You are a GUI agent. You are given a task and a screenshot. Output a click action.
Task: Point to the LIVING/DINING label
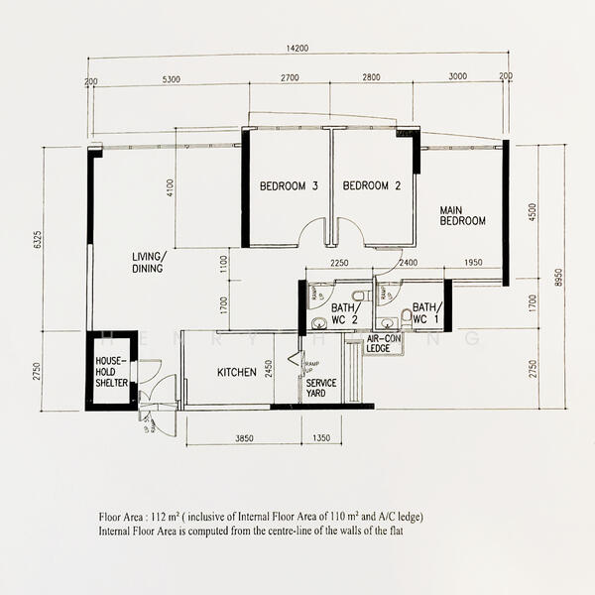tap(150, 262)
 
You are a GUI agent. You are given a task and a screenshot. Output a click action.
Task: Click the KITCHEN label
tap(238, 373)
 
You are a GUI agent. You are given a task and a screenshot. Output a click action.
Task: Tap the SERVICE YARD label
tap(321, 388)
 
